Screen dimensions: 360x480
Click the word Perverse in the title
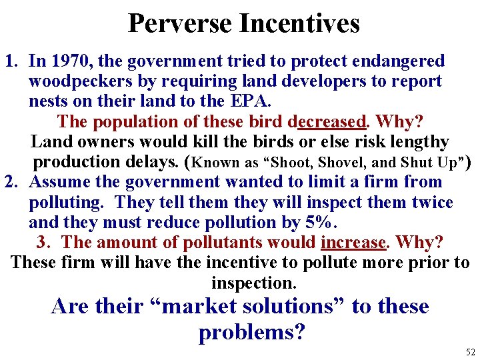point(180,23)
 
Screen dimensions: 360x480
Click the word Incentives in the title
point(299,23)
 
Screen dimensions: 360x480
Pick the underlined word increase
point(353,243)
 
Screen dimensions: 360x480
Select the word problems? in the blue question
point(251,333)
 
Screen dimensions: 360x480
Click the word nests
point(47,101)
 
